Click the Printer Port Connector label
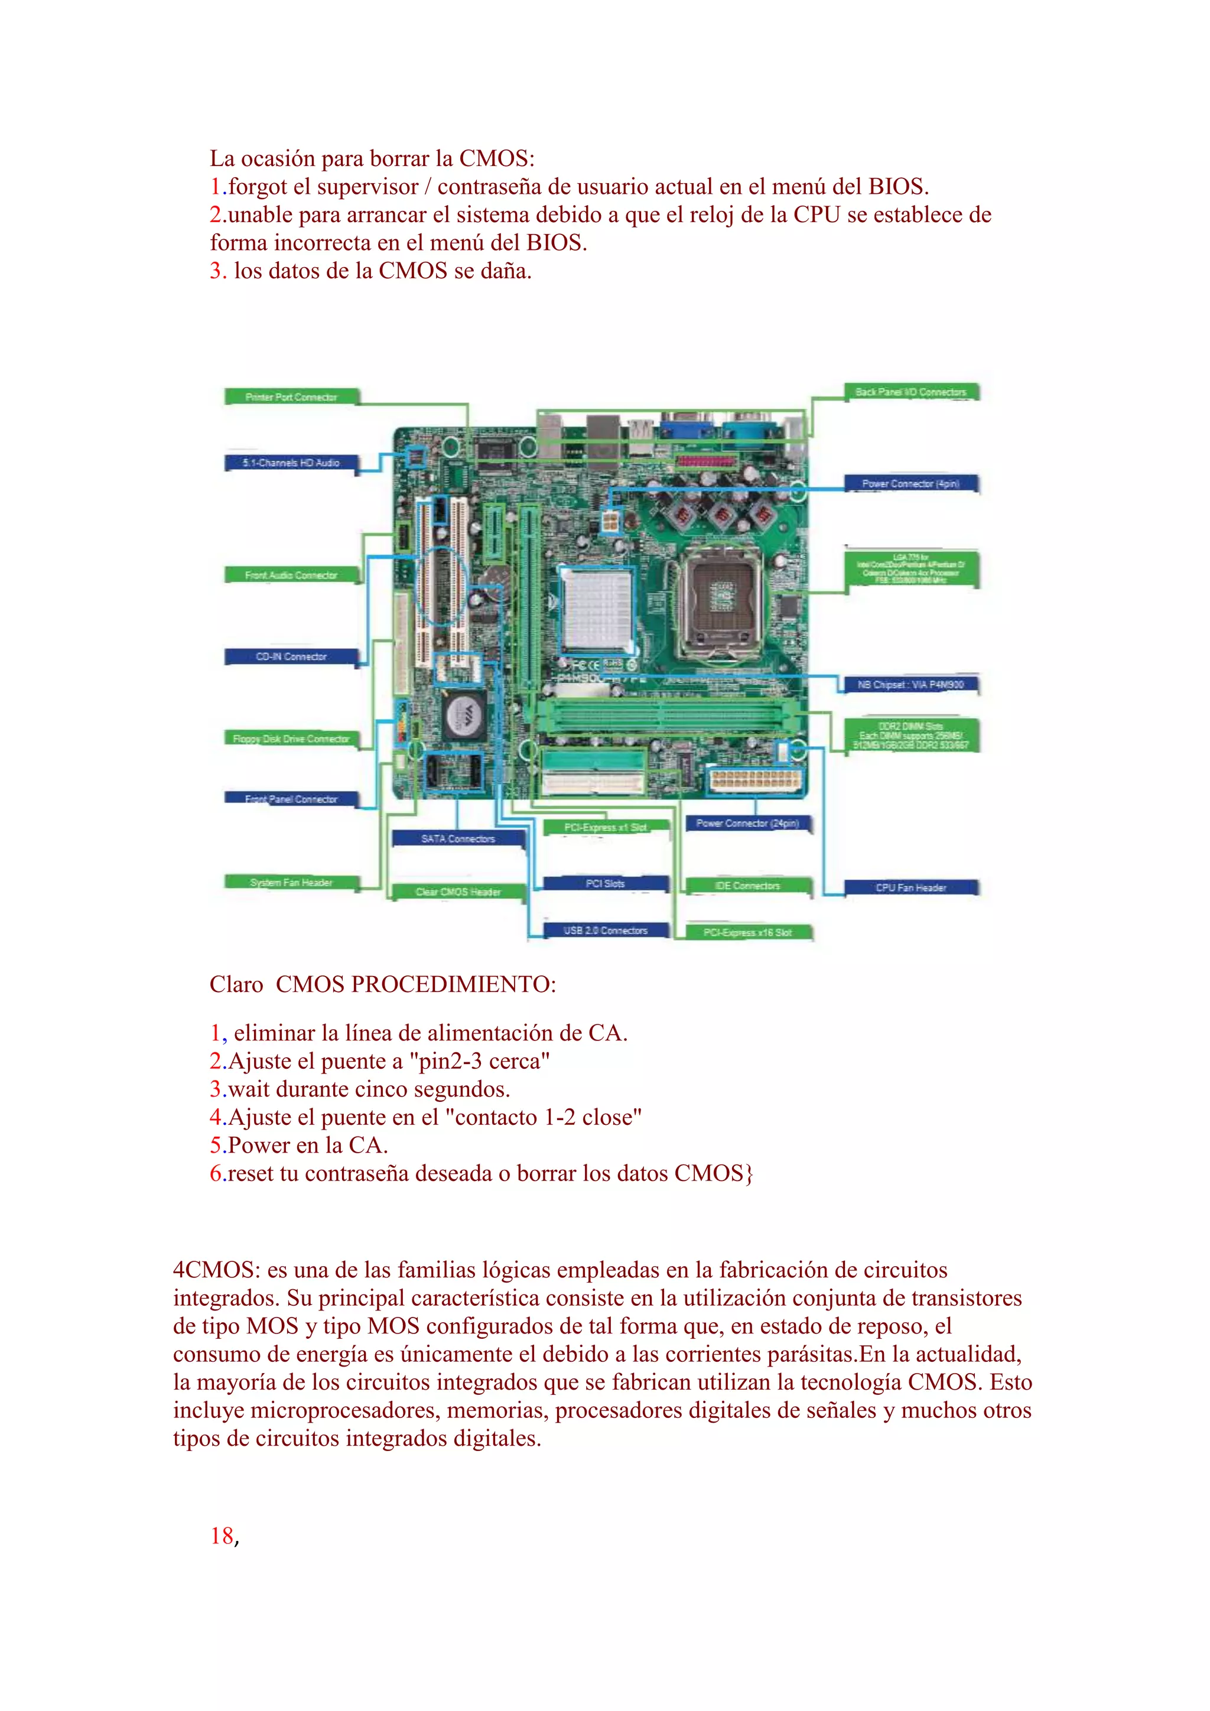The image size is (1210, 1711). click(x=291, y=397)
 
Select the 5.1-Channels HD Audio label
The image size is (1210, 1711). click(x=291, y=463)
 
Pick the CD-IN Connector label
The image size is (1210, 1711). click(x=291, y=656)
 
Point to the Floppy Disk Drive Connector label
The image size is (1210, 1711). click(x=291, y=739)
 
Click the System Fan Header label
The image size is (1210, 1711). click(x=291, y=882)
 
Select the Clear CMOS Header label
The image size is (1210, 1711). click(x=458, y=892)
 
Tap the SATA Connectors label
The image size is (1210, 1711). click(x=458, y=838)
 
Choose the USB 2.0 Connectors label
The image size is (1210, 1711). click(x=606, y=930)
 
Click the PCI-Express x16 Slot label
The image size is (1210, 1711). click(x=747, y=932)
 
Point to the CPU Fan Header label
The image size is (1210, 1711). click(x=910, y=887)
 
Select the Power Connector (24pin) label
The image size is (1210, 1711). click(x=747, y=824)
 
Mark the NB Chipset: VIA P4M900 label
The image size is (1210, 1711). click(x=910, y=684)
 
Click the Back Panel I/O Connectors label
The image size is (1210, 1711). click(x=910, y=392)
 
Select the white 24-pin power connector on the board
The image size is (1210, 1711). click(x=754, y=782)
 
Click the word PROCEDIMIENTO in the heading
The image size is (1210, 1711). click(x=453, y=984)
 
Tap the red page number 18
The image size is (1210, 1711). click(x=222, y=1536)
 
